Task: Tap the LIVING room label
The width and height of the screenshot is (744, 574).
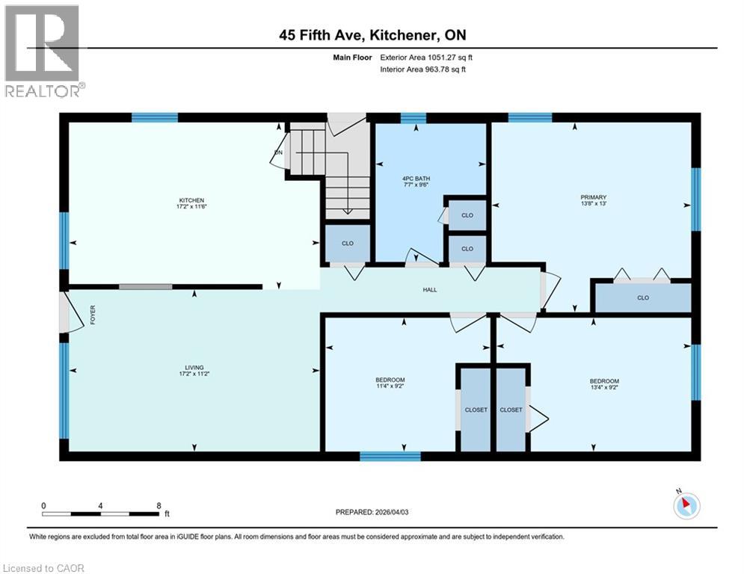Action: point(195,367)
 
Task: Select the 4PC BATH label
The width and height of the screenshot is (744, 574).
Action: point(416,178)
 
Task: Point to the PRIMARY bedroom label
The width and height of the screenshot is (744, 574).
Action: point(592,197)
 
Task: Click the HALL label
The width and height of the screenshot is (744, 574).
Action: point(429,290)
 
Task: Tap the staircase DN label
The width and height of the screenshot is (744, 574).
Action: point(278,152)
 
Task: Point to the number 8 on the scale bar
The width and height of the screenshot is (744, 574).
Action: point(159,505)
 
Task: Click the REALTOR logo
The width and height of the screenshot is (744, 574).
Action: point(43,50)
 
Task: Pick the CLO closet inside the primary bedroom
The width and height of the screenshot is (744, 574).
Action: point(642,298)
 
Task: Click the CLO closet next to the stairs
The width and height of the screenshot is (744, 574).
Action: point(348,244)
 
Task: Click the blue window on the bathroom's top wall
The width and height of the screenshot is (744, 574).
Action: point(413,117)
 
